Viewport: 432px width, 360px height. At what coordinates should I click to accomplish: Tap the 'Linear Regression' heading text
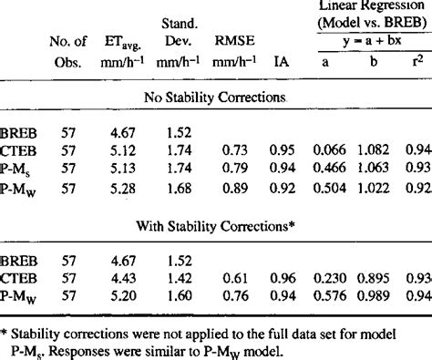coord(369,7)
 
